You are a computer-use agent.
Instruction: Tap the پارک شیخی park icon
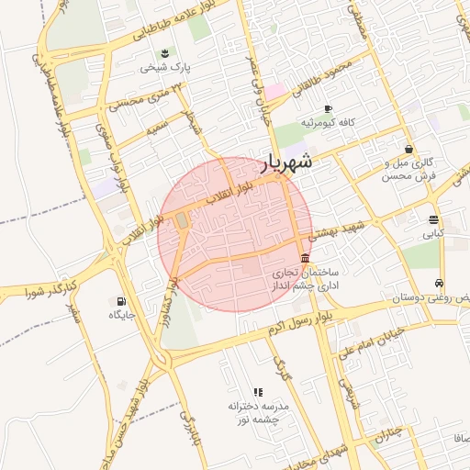click(164, 52)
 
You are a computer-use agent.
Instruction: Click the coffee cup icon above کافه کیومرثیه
click(328, 108)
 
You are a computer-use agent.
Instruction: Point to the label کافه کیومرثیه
click(328, 123)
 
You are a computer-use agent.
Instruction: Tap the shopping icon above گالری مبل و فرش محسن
click(408, 149)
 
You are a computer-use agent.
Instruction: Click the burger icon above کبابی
click(432, 219)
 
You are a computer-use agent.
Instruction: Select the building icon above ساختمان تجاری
click(305, 258)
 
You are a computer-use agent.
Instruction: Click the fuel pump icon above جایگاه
click(121, 301)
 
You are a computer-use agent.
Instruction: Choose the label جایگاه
click(122, 316)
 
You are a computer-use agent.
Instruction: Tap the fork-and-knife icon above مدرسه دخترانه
click(258, 392)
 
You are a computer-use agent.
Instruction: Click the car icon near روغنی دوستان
click(441, 283)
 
